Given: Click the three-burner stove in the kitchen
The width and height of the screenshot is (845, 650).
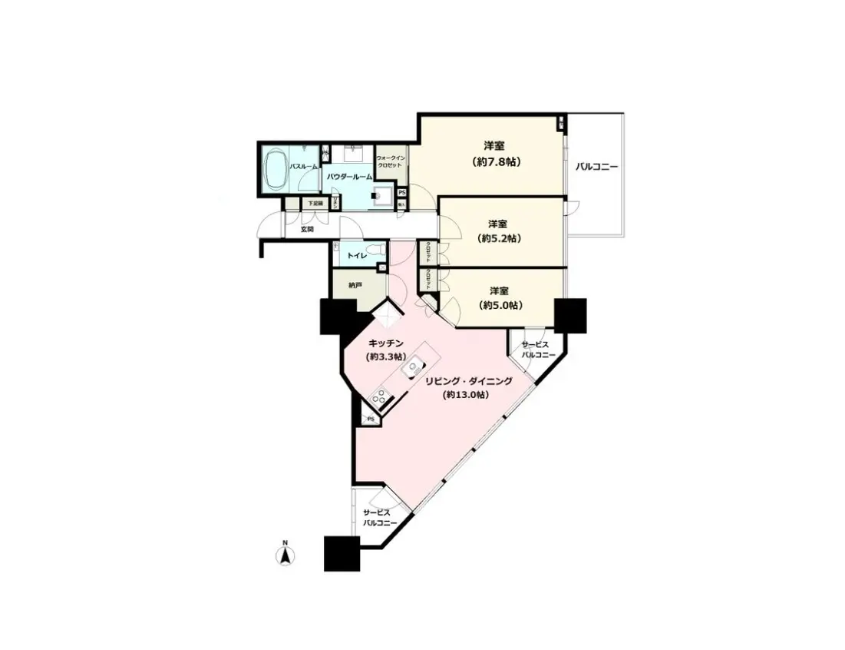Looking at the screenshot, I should pyautogui.click(x=379, y=397).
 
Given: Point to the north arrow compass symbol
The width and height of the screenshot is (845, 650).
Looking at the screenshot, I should pyautogui.click(x=284, y=554).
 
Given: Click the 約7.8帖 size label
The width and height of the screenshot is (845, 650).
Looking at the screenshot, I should pyautogui.click(x=494, y=162).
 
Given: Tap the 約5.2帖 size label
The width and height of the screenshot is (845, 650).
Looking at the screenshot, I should pyautogui.click(x=497, y=238).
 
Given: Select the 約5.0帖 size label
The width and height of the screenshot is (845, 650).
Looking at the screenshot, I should pyautogui.click(x=500, y=305).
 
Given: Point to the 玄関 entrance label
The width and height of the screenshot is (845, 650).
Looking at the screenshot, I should pyautogui.click(x=306, y=229).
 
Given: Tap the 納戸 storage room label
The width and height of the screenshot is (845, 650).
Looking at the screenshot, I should pyautogui.click(x=355, y=285).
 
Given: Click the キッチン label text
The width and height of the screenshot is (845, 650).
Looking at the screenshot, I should pyautogui.click(x=386, y=343).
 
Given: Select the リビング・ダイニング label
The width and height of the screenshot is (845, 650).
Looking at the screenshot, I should pyautogui.click(x=469, y=381).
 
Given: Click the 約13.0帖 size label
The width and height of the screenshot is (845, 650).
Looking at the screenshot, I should pyautogui.click(x=466, y=395).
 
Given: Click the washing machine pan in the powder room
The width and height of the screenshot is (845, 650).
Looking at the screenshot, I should pyautogui.click(x=381, y=197).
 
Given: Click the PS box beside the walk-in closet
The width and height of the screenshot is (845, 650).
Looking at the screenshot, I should pyautogui.click(x=402, y=192).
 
